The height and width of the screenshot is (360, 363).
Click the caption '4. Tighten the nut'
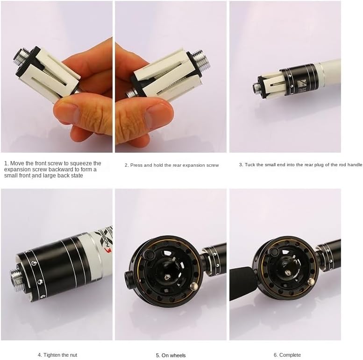(x=57, y=355)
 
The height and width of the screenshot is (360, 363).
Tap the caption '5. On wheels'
(x=171, y=355)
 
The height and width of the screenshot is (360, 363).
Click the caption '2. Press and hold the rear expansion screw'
(x=171, y=165)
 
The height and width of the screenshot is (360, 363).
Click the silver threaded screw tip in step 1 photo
(x=20, y=56)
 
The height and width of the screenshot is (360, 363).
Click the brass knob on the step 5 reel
(x=192, y=285)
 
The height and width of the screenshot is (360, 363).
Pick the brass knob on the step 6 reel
(x=311, y=282)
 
